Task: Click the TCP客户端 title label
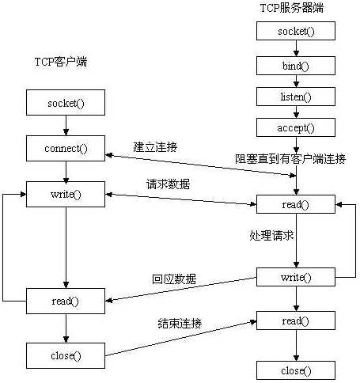tap(60, 62)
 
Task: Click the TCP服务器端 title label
tap(291, 8)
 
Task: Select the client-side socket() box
tap(66, 103)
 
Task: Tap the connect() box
tap(66, 148)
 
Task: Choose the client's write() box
tap(66, 193)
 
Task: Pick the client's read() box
tap(66, 301)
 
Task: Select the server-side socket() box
tap(296, 31)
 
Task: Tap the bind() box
tap(296, 64)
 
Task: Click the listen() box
tap(296, 96)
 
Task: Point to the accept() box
tap(296, 127)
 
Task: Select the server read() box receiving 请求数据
tap(296, 204)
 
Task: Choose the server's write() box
tap(296, 277)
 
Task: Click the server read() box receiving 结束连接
tap(296, 320)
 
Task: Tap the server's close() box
tap(296, 370)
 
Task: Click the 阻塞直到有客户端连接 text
tap(290, 158)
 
